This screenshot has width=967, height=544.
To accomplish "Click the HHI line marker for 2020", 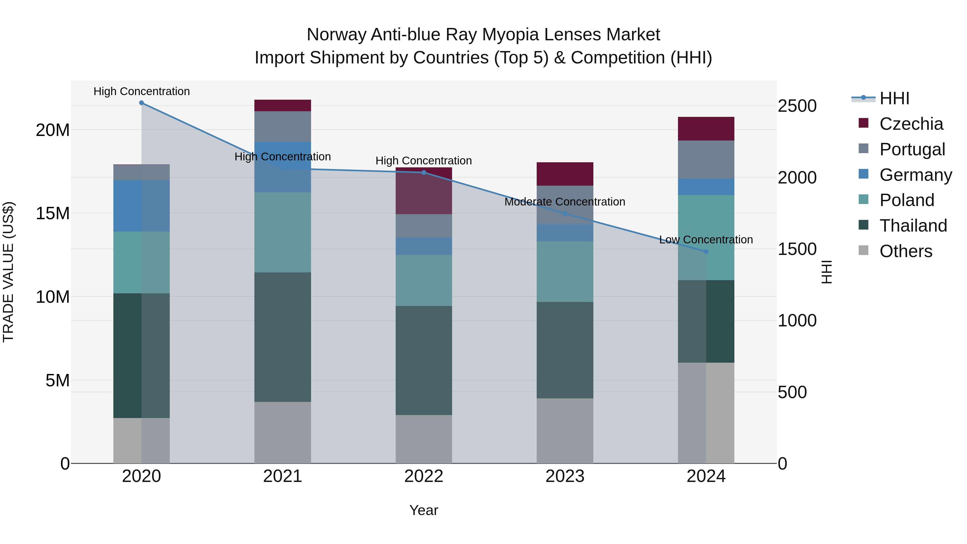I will [142, 103].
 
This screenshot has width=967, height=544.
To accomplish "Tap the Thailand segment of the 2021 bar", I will [283, 337].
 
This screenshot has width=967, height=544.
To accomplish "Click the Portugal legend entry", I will [912, 149].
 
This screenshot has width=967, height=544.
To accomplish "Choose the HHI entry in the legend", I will [894, 98].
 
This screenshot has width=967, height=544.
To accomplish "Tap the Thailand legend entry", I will [913, 226].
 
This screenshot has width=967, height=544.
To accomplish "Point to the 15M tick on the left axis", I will [53, 213].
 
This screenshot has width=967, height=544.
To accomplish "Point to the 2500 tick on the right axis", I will [797, 106].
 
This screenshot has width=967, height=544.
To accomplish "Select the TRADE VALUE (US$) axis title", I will [8, 272].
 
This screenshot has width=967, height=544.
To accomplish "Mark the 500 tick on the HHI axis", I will [792, 392].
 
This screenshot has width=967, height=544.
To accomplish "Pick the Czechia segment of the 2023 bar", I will [565, 174].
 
